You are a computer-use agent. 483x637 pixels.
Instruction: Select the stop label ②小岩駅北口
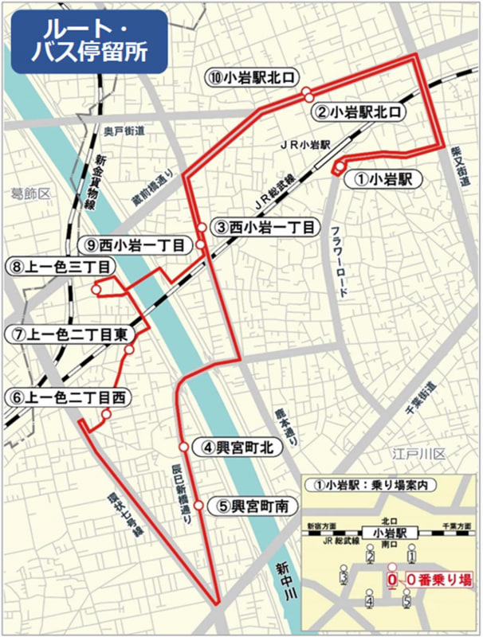[359, 112]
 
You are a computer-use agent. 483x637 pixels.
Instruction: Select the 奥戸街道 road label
[123, 130]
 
